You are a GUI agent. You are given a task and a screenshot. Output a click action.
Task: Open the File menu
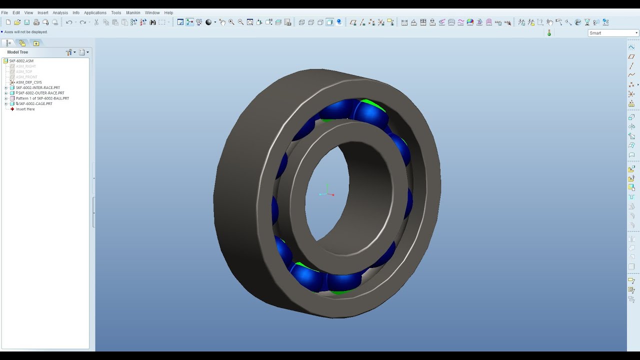click(x=4, y=12)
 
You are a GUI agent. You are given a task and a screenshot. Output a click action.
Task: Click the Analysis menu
click(x=60, y=12)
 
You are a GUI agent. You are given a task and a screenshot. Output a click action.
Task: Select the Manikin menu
click(x=133, y=12)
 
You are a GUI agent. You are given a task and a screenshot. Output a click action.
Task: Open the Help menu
click(x=168, y=12)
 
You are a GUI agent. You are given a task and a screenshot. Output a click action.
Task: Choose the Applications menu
click(x=95, y=12)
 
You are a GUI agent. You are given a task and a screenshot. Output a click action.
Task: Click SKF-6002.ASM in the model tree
click(x=21, y=61)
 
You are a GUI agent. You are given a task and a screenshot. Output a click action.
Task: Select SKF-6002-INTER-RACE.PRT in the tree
click(x=37, y=87)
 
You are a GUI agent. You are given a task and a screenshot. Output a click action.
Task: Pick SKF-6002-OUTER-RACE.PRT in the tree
click(x=41, y=93)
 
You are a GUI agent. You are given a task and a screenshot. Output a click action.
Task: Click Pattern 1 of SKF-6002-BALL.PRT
click(x=42, y=98)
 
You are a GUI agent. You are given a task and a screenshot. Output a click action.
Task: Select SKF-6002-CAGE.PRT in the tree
click(x=35, y=104)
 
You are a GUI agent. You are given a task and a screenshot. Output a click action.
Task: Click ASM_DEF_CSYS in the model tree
click(x=28, y=82)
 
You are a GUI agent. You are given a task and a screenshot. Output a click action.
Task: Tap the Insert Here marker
click(x=25, y=109)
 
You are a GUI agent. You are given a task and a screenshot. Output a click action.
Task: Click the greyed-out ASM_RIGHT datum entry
click(x=25, y=66)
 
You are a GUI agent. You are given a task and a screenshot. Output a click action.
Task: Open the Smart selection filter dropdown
click(x=613, y=33)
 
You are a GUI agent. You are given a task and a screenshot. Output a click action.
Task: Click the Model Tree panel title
click(x=17, y=52)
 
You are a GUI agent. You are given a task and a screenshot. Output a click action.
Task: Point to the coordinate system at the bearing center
click(x=326, y=193)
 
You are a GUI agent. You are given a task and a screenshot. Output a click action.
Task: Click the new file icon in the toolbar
click(x=8, y=22)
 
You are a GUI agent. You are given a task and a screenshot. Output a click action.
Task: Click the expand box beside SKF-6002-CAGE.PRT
click(x=6, y=104)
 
